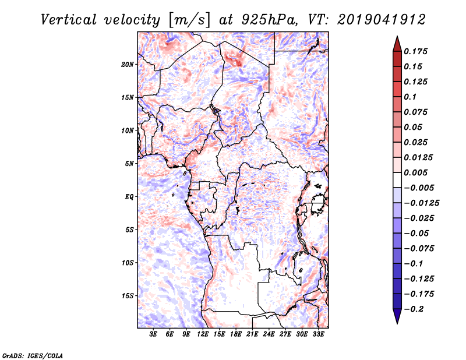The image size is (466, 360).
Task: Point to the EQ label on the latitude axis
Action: point(129,197)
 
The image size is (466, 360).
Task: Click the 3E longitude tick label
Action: point(153,335)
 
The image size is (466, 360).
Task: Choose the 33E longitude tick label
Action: point(319,335)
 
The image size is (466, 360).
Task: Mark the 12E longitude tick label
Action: point(203,335)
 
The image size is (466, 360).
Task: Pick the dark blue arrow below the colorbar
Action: point(396,317)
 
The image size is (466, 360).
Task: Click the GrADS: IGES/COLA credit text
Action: point(25,355)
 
